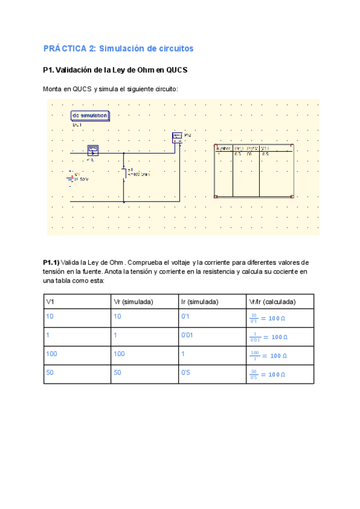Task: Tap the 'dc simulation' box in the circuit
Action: point(89,115)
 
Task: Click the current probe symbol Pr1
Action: point(92,149)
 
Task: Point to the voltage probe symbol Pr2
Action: point(177,137)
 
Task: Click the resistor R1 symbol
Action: point(124,173)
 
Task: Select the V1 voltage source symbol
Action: point(73,178)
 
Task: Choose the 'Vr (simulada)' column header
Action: point(133,301)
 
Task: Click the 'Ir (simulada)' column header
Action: point(199,301)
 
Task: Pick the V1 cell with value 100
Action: point(52,354)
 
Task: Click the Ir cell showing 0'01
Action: point(187,336)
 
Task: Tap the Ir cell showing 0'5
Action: point(186,373)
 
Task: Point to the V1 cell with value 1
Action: point(47,336)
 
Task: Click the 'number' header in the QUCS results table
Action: point(223,147)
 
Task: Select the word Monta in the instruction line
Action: point(52,89)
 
